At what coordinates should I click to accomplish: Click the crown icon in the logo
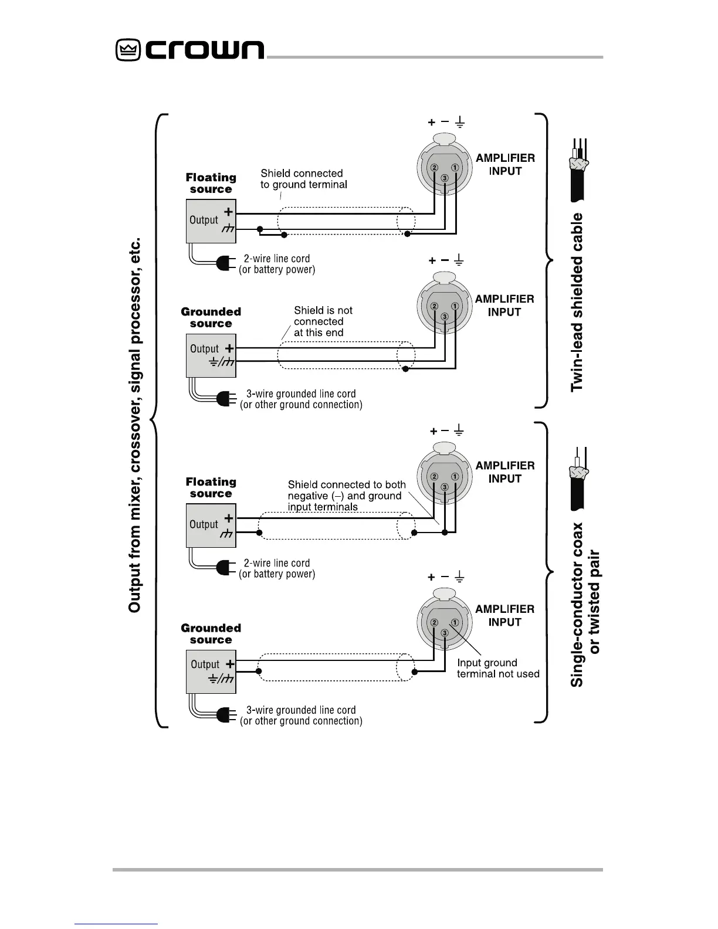127,50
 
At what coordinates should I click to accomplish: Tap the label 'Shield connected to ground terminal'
304,179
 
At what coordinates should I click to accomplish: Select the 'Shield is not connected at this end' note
323,321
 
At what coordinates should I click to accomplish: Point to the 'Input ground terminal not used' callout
498,669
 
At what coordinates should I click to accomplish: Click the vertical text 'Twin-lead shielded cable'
578,302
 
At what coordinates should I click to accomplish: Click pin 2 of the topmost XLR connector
435,168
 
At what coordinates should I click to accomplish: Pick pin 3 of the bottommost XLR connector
445,633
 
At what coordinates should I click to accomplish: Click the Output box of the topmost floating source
211,221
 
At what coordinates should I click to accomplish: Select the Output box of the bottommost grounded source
211,672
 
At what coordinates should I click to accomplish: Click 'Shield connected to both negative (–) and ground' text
346,490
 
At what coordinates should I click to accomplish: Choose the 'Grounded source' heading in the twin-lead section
211,317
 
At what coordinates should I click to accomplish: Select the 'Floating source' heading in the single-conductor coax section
211,487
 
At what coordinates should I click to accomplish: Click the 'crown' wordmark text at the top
205,50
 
